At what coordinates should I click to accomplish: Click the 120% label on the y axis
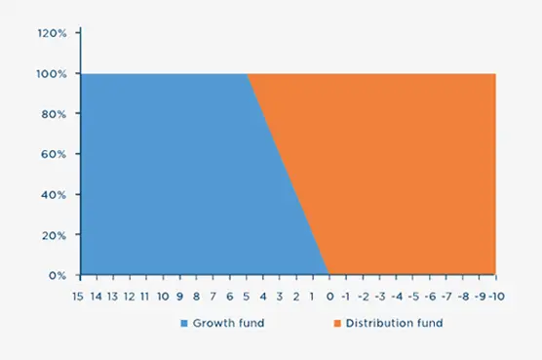(x=51, y=33)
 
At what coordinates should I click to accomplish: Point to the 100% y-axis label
(x=51, y=74)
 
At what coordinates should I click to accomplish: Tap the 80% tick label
(x=53, y=114)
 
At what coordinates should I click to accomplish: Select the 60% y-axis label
(x=53, y=154)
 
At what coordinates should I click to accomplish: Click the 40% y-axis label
(x=53, y=195)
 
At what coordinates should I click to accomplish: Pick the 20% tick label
(x=53, y=235)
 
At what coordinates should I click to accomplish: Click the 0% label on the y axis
(x=56, y=276)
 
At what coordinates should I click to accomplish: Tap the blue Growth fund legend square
(x=183, y=323)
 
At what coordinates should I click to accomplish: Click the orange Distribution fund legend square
(x=336, y=323)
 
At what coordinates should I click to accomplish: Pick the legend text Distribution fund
(x=388, y=323)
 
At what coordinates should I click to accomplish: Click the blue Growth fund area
(x=166, y=176)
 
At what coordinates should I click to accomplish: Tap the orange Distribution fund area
(x=409, y=176)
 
